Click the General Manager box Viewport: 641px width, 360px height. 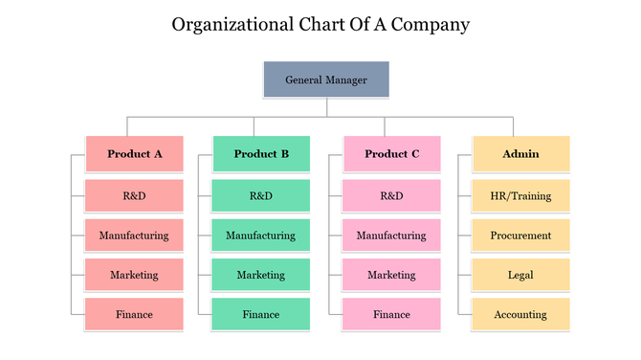click(326, 80)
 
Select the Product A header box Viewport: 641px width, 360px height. click(134, 153)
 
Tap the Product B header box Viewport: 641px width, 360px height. click(260, 153)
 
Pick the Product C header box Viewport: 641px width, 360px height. click(391, 153)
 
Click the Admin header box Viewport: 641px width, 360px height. click(520, 153)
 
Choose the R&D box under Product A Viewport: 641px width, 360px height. click(134, 195)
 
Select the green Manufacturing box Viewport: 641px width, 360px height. click(260, 235)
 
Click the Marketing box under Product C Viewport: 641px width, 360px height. click(391, 275)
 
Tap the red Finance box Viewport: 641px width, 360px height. click(134, 314)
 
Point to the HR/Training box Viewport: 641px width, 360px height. click(520, 195)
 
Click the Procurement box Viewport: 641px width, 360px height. click(520, 235)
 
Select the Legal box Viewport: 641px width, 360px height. click(520, 275)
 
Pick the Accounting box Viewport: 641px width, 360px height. click(520, 314)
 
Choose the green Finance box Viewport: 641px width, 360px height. click(260, 314)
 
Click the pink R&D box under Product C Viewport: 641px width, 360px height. click(391, 195)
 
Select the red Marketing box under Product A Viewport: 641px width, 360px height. click(134, 275)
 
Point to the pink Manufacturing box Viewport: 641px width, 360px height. click(391, 235)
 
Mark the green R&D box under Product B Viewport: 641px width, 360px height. click(260, 195)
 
